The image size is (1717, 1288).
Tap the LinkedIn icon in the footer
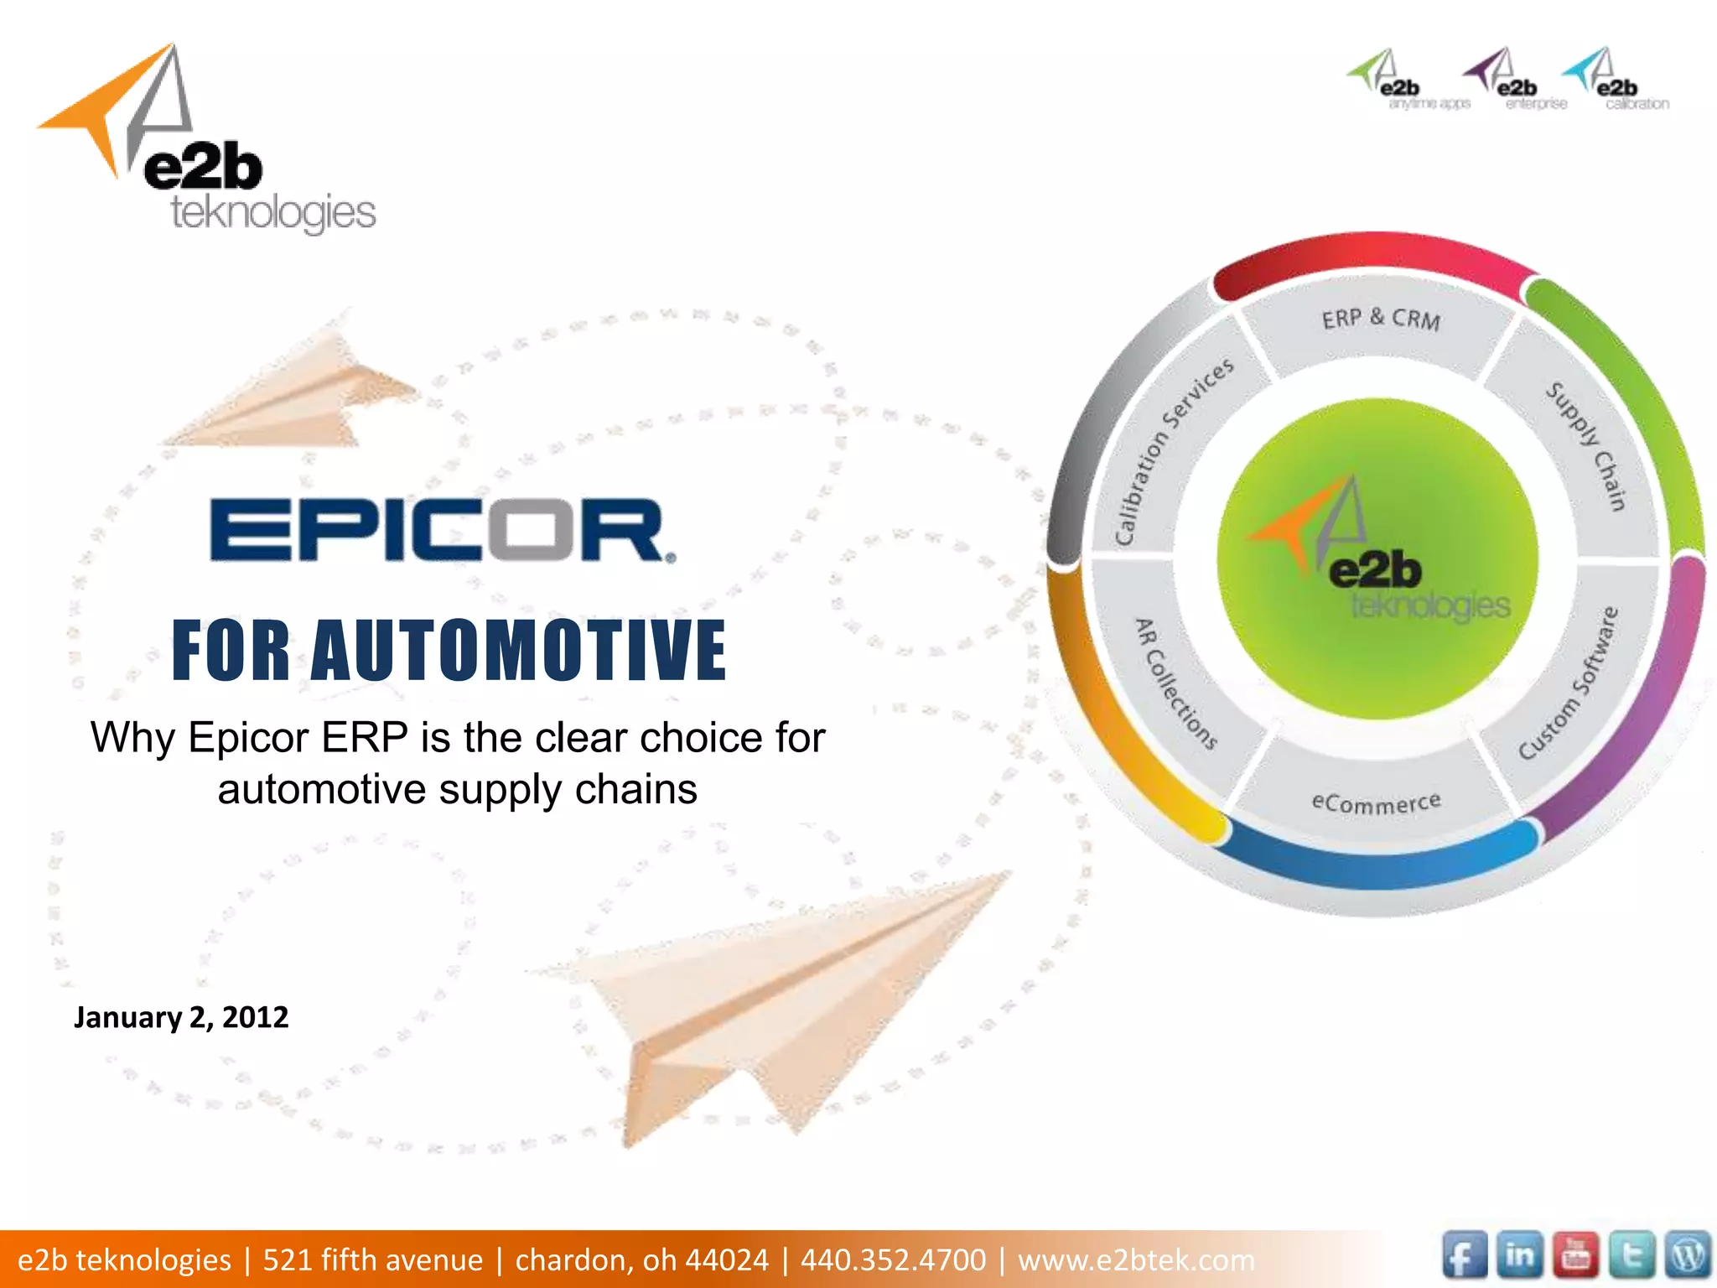[1519, 1256]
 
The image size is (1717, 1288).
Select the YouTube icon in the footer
[1575, 1256]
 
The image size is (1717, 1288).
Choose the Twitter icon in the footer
[1631, 1256]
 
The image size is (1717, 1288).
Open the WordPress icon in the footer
[1687, 1256]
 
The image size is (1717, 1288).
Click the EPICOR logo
[442, 530]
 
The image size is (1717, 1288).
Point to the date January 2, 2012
[181, 1017]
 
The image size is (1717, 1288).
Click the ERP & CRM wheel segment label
[1381, 319]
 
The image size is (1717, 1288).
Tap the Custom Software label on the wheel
[1569, 683]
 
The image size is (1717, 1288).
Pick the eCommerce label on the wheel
[1376, 802]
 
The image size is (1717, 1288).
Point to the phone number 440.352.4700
[893, 1259]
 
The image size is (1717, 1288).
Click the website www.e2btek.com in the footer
[1136, 1259]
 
